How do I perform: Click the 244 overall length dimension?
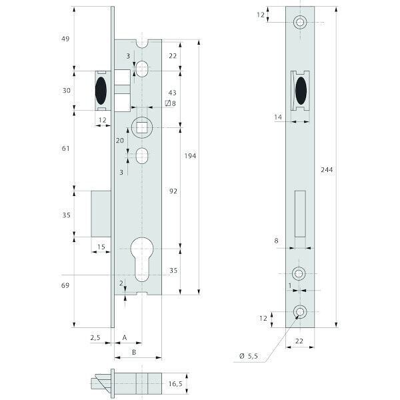coord(326,170)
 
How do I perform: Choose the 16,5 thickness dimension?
coord(175,385)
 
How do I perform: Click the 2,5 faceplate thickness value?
coord(95,338)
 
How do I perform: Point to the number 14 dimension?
coord(279,117)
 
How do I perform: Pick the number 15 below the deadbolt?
coord(101,247)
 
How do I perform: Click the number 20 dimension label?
coord(120,141)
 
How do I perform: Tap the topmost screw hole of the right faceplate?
coord(300,23)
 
